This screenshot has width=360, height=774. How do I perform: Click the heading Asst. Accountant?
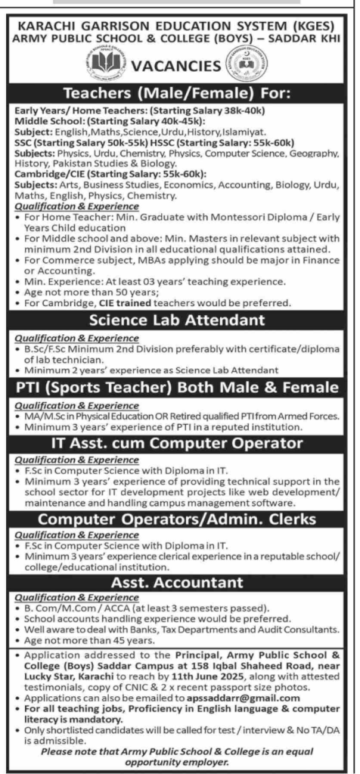pyautogui.click(x=179, y=583)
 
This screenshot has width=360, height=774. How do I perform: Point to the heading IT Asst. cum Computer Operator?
pyautogui.click(x=179, y=441)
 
